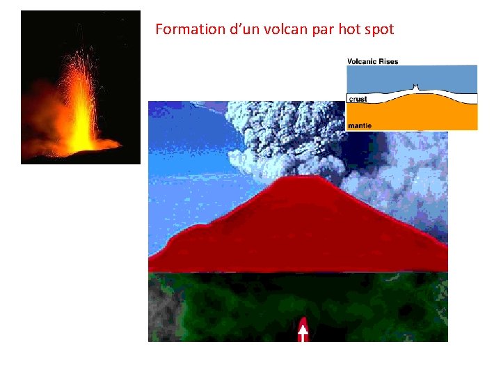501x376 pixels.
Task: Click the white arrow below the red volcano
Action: tap(303, 330)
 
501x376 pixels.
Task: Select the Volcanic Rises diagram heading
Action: tap(372, 61)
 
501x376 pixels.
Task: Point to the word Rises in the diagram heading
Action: tap(389, 61)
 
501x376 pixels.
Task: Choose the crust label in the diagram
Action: tap(358, 99)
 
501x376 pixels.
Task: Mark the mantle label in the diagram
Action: tap(360, 125)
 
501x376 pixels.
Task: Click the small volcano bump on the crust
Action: tap(415, 88)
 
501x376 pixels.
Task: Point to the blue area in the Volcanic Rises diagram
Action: tap(445, 77)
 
